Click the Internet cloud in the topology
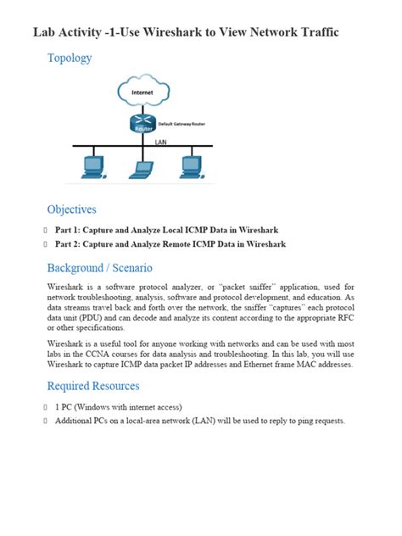140,92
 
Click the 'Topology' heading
70,59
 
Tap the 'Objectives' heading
71,209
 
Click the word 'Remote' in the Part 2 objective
182,244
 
